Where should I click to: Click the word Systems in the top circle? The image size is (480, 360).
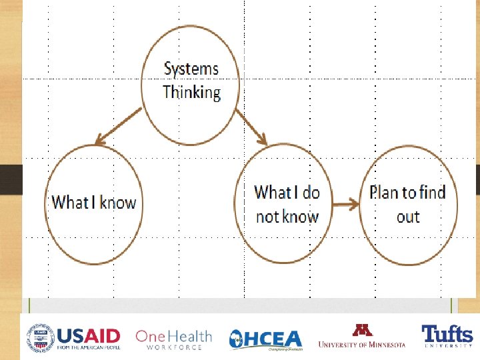click(191, 69)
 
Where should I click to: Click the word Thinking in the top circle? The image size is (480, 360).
click(191, 92)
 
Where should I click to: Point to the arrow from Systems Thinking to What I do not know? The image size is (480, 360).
click(251, 127)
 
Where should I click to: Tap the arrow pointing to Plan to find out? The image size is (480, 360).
click(345, 205)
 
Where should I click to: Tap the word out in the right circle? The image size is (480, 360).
click(407, 217)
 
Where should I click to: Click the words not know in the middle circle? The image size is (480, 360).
click(287, 217)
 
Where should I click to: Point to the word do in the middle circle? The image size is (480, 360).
click(311, 193)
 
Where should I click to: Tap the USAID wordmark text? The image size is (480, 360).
click(88, 335)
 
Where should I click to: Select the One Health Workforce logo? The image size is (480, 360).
click(173, 339)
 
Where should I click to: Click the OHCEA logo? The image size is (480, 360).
click(265, 339)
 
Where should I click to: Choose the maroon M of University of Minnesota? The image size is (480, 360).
click(361, 331)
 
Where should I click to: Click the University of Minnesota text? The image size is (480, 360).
click(361, 344)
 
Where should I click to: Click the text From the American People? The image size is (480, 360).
click(88, 347)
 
